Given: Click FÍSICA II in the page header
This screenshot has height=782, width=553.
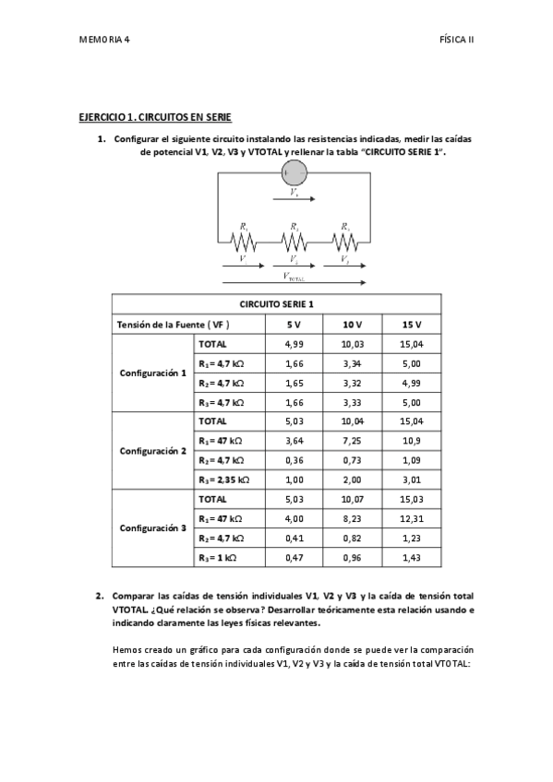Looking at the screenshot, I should coord(456,41).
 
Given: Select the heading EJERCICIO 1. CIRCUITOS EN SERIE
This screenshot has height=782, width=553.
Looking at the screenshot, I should coord(154,119).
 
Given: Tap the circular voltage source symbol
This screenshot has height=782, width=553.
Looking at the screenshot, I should coord(294,172).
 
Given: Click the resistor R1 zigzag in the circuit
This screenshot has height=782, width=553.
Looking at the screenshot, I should coord(244,242).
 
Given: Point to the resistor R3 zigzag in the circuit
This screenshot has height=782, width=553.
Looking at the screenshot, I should coord(344,242).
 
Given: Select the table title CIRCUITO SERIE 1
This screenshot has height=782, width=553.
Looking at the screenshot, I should coord(277,305).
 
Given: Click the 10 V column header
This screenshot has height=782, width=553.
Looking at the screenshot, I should coord(352,325).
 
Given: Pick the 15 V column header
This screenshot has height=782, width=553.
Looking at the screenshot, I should coord(412,325).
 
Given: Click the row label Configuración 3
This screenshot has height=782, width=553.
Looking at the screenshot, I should coord(153,528).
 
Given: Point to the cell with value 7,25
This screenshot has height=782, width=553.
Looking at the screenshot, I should coord(352,442).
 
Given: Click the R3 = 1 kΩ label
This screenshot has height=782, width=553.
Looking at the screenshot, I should coord(218,558).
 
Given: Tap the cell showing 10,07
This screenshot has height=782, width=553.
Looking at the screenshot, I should coord(352,500).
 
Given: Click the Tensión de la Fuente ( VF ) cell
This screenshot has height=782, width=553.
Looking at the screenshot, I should coord(173,325).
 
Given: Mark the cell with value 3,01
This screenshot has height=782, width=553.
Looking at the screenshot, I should coord(412,480).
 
